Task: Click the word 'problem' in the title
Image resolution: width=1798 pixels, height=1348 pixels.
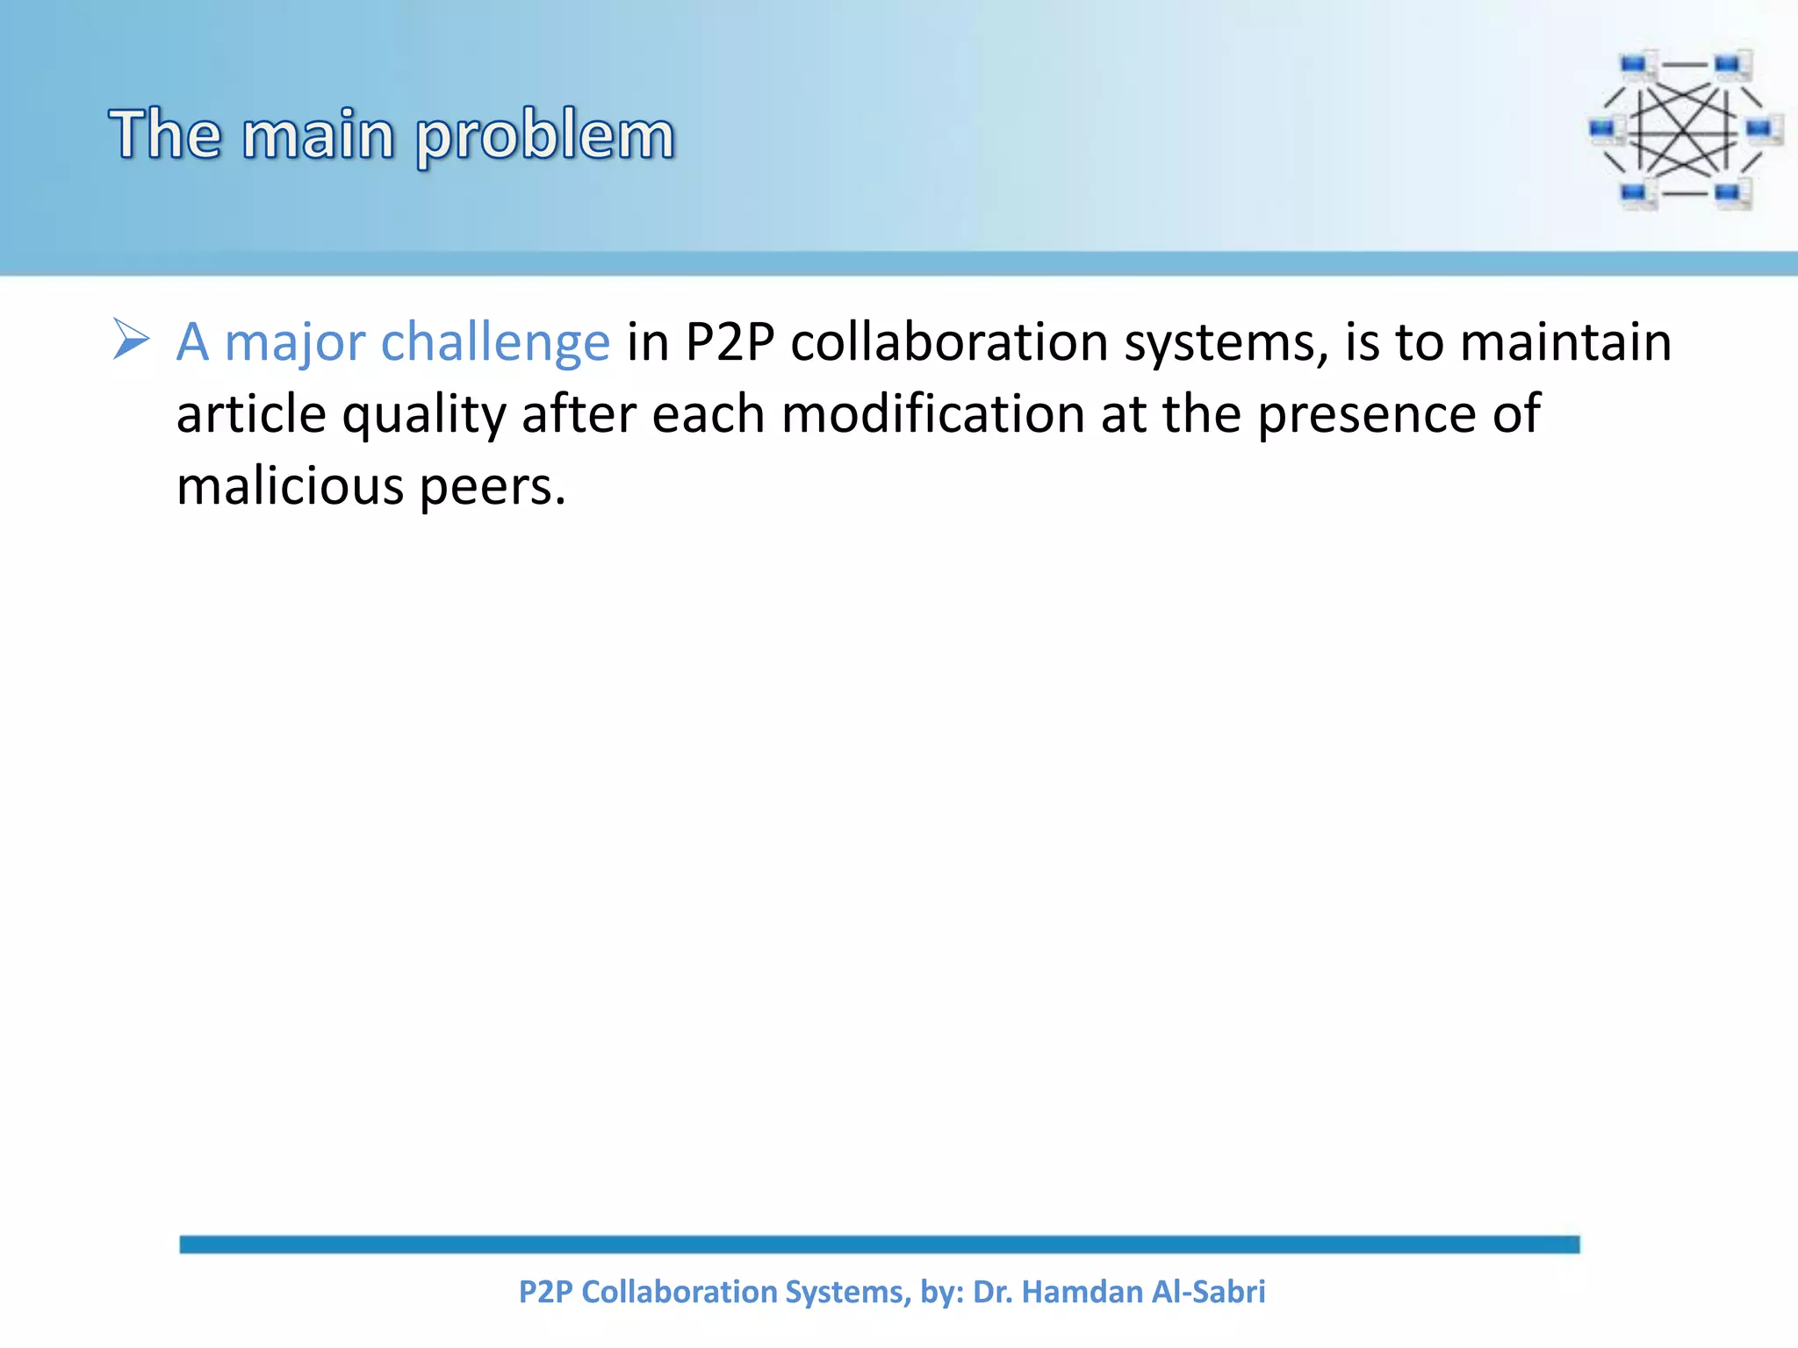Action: pos(544,136)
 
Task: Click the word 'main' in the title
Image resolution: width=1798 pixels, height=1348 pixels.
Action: pos(318,136)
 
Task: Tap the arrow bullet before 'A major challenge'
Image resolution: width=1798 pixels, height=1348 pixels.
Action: pos(132,341)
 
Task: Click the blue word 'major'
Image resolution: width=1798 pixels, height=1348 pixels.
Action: pos(294,342)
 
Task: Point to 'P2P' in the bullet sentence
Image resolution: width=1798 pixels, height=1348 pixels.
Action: pos(729,342)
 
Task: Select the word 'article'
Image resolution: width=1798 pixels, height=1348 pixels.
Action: pos(251,414)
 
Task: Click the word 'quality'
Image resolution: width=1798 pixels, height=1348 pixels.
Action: pos(424,414)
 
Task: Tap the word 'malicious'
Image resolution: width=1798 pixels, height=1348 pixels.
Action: pos(290,486)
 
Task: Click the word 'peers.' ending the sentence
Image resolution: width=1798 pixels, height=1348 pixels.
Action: pos(493,488)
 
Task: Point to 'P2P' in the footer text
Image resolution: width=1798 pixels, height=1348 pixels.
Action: pos(545,1292)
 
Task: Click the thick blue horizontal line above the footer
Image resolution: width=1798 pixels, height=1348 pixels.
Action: pos(879,1244)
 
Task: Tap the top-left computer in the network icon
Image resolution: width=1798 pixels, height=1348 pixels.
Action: pos(1635,67)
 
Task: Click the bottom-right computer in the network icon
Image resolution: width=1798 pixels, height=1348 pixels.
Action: pos(1731,194)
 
